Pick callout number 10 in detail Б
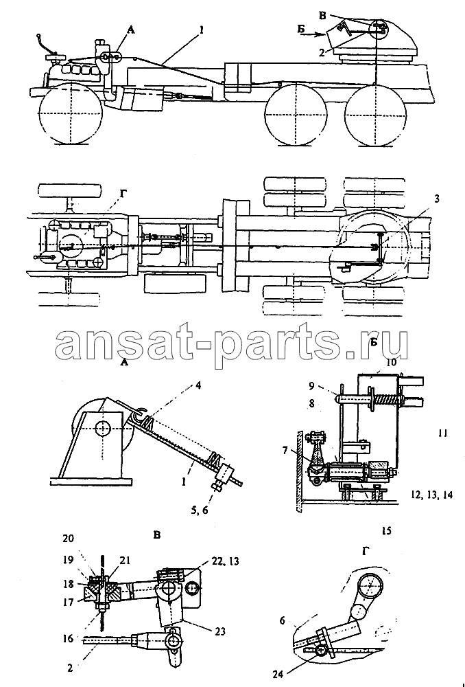tap(391, 362)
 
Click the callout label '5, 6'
tap(207, 510)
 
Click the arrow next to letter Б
tap(313, 33)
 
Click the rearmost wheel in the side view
tap(375, 114)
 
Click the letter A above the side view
tap(130, 30)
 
